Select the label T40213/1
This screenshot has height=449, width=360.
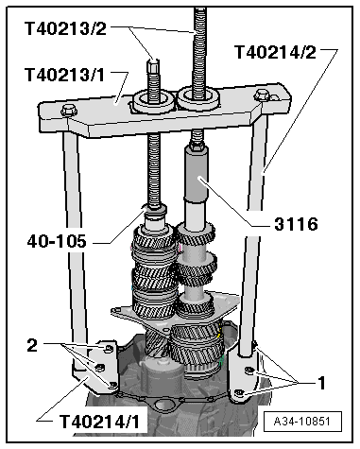tap(65, 74)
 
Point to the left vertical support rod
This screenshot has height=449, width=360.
tap(71, 236)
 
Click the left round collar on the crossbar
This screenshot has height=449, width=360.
tap(151, 99)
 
